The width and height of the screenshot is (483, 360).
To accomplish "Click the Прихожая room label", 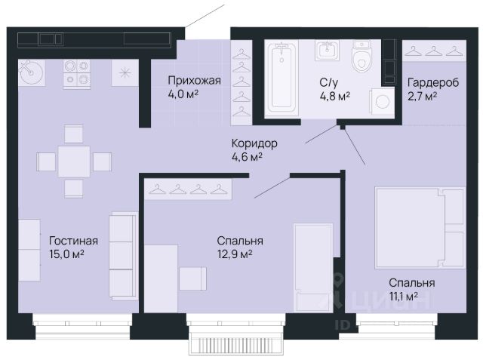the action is [x=195, y=81].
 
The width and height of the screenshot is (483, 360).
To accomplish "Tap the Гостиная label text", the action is [x=73, y=241].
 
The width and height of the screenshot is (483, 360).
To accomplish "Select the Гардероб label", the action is [x=433, y=82].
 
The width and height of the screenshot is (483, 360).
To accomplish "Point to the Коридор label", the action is [x=254, y=143].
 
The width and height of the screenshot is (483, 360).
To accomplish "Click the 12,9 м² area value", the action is [x=235, y=254].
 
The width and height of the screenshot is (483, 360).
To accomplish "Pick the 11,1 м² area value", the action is [x=404, y=297].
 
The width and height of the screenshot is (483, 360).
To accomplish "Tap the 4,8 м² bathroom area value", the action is [x=335, y=97].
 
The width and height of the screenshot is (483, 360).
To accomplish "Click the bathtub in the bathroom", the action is [x=281, y=78].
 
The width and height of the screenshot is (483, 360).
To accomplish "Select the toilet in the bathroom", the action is [x=361, y=56].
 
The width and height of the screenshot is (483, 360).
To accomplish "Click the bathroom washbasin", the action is [x=327, y=50].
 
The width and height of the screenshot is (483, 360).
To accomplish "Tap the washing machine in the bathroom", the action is [x=382, y=101].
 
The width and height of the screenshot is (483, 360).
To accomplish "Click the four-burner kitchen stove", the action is [x=77, y=75].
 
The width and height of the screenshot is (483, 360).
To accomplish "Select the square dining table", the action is [x=74, y=162].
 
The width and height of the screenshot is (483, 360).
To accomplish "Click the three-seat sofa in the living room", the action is [x=123, y=256].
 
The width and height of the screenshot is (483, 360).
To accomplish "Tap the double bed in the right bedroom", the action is [x=420, y=228].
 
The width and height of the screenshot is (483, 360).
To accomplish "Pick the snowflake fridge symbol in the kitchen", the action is [x=125, y=73].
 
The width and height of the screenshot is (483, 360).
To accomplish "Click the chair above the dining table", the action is [x=74, y=134].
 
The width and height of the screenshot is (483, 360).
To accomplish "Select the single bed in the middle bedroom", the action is [x=313, y=268].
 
